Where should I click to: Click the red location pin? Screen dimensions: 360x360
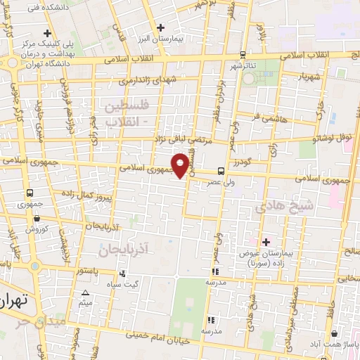tap(182, 165)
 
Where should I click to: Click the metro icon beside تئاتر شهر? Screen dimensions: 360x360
tap(243, 54)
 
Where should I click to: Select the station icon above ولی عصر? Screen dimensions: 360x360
tap(221, 171)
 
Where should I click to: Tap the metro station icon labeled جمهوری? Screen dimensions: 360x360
tap(30, 193)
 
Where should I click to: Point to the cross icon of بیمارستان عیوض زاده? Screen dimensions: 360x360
tap(265, 243)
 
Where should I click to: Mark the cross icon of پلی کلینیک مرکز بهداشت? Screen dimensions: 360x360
tap(48, 33)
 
